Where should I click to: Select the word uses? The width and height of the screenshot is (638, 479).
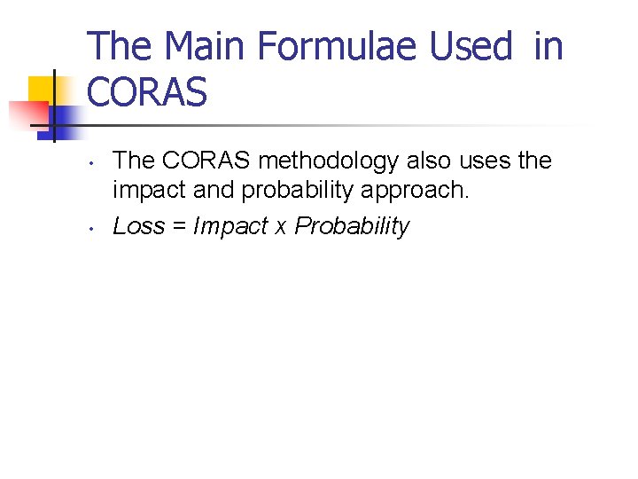(489, 161)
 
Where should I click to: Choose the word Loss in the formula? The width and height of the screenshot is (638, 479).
(139, 226)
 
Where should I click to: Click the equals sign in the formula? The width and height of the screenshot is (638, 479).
(179, 227)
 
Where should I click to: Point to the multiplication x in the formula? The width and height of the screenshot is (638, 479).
(280, 228)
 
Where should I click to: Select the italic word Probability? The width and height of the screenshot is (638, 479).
(352, 227)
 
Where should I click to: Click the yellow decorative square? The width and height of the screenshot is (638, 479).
(43, 89)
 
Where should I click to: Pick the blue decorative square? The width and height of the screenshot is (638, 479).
(64, 118)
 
